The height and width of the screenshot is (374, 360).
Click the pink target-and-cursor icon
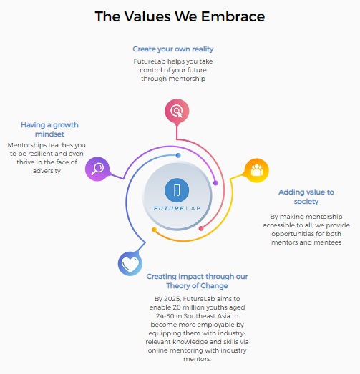(x=177, y=111)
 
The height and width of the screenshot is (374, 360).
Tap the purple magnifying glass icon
(x=97, y=169)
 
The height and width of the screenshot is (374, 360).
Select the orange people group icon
(x=257, y=170)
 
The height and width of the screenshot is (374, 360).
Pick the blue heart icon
(x=130, y=264)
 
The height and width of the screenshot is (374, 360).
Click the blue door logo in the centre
(x=177, y=190)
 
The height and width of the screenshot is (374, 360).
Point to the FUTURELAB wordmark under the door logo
(x=177, y=209)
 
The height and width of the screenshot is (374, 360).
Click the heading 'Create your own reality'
(x=173, y=49)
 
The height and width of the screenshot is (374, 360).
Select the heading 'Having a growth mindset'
(x=49, y=129)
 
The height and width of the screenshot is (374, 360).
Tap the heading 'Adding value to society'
(x=306, y=197)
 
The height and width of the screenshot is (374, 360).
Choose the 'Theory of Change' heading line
(x=198, y=285)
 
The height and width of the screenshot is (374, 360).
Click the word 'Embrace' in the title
(x=233, y=16)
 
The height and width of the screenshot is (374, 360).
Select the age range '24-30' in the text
(x=165, y=316)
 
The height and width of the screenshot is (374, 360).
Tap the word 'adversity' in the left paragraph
(x=47, y=171)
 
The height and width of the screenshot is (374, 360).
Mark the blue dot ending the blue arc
(x=178, y=155)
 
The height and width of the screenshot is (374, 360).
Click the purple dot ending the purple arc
(x=215, y=183)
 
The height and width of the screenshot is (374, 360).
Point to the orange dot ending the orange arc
(x=154, y=230)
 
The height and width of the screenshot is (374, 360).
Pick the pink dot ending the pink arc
(x=201, y=229)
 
